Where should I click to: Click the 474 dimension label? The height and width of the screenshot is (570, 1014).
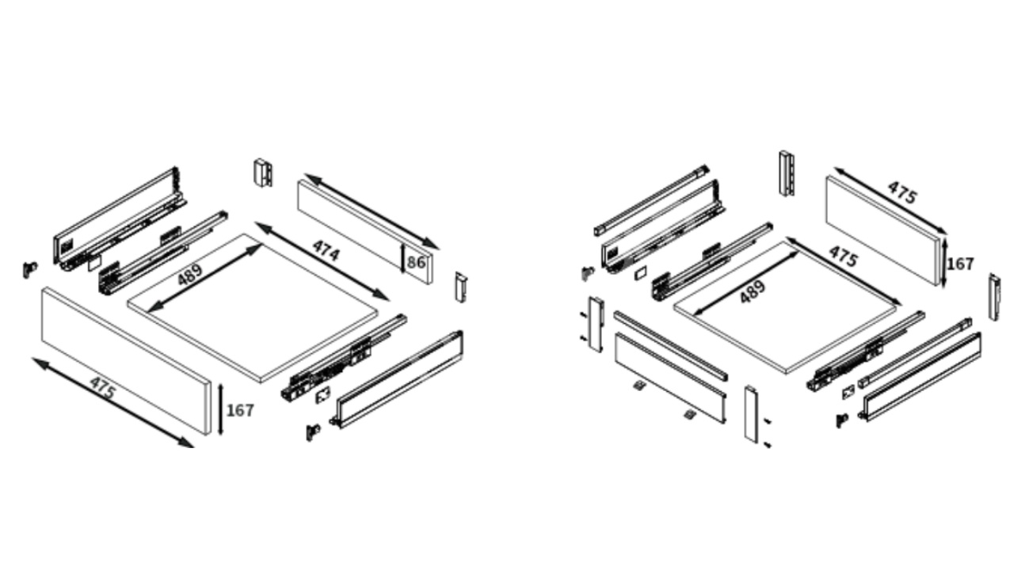pos(326,251)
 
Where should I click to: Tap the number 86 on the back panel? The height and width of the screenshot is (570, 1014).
pos(416,262)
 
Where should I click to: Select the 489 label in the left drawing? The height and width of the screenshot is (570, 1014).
pos(189,275)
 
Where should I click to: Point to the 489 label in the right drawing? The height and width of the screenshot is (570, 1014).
pos(753,292)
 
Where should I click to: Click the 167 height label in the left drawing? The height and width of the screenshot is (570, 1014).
pos(240,411)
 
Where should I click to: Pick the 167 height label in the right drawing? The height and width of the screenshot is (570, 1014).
pos(959,264)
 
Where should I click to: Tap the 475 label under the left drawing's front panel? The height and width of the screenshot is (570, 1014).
pos(103,388)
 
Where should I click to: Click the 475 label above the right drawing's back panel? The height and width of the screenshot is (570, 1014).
pos(902,192)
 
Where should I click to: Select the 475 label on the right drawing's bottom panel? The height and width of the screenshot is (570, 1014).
pos(844,256)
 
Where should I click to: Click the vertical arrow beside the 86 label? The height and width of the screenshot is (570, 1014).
pos(402,259)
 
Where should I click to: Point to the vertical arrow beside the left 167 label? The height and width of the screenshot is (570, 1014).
pos(220,409)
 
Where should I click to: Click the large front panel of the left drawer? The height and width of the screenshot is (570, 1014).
pos(126,362)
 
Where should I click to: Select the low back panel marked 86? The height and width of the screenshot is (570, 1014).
pos(365,232)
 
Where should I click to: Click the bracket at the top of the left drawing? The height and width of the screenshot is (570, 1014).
pos(263,173)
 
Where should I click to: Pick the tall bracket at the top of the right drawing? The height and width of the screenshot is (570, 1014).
pos(787,173)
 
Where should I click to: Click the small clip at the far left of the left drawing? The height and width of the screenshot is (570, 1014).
pos(30,269)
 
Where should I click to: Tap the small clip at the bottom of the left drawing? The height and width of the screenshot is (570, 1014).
pos(313,432)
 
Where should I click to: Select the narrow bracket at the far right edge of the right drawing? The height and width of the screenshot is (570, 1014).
pos(994,297)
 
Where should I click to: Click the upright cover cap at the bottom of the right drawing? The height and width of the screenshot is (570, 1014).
pos(751,413)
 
